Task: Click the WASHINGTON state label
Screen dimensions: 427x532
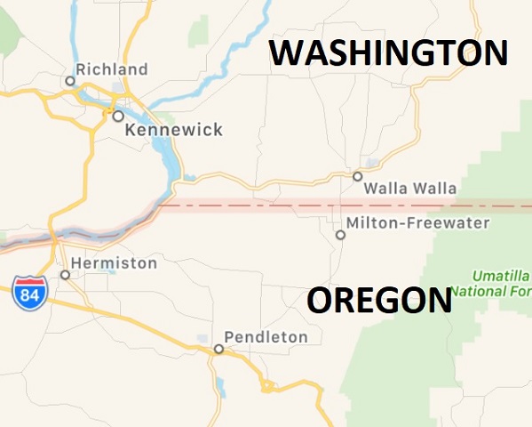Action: (x=389, y=53)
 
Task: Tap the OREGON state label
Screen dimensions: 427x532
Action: (x=379, y=301)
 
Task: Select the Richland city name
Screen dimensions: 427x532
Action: (x=112, y=69)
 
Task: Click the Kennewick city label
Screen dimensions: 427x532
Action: (x=174, y=130)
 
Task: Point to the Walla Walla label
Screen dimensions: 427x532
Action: (x=410, y=189)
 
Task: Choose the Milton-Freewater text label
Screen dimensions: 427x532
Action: (x=418, y=222)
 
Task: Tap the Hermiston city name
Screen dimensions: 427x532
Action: (x=114, y=263)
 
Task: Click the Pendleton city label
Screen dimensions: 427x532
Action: (x=266, y=337)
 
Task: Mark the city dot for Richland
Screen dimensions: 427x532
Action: (x=70, y=81)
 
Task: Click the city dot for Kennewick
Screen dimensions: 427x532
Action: (x=117, y=116)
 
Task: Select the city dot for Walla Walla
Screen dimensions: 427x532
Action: (x=357, y=176)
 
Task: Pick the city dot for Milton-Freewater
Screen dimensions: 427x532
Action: (x=340, y=235)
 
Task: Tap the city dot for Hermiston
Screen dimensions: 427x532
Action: (x=65, y=275)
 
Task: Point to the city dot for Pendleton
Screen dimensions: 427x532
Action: (x=218, y=349)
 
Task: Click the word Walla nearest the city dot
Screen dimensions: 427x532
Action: (x=385, y=189)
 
